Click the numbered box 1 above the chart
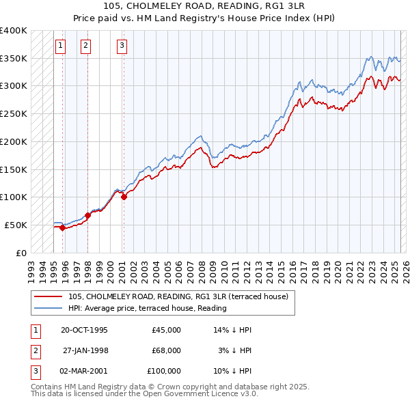[61, 46]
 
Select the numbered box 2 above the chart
[85, 46]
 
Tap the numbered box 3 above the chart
[122, 46]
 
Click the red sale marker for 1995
[62, 228]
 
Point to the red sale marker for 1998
[87, 215]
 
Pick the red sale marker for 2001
[124, 197]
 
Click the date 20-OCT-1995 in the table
[84, 330]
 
